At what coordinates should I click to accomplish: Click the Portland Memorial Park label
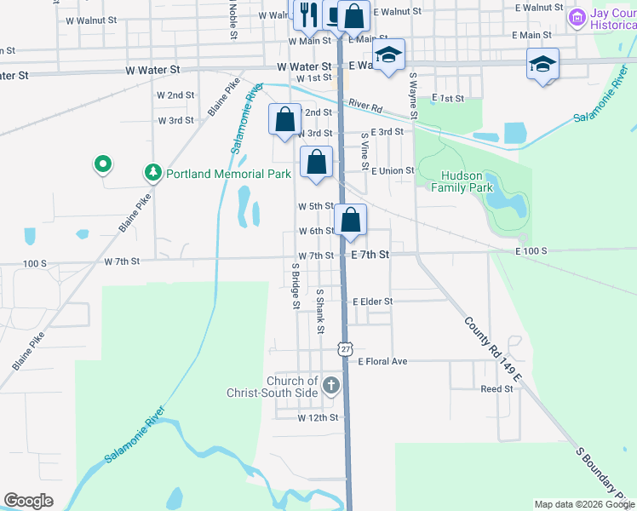click(228, 174)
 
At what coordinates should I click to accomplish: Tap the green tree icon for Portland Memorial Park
click(153, 174)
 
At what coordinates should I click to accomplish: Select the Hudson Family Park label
click(467, 181)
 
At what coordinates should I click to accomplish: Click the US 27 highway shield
click(345, 349)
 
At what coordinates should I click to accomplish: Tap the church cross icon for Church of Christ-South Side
click(331, 387)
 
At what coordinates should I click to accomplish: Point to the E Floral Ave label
click(382, 361)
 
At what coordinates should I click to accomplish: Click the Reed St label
click(497, 388)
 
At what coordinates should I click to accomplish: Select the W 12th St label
click(318, 418)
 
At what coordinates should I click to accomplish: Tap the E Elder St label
click(372, 301)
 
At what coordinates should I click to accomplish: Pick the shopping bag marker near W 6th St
click(350, 221)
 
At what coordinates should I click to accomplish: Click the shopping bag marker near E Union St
click(316, 162)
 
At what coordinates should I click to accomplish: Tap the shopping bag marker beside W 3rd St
click(285, 118)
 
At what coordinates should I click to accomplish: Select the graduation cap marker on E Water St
click(388, 55)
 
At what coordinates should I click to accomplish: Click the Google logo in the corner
click(29, 501)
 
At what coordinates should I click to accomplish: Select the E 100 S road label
click(530, 251)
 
